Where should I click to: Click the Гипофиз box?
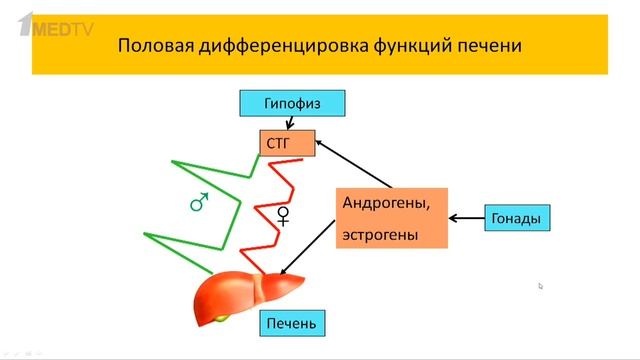coord(292,102)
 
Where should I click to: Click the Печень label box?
coord(294,324)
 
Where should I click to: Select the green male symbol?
coord(199,203)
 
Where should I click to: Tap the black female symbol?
coord(283,215)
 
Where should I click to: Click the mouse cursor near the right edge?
coord(541,285)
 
